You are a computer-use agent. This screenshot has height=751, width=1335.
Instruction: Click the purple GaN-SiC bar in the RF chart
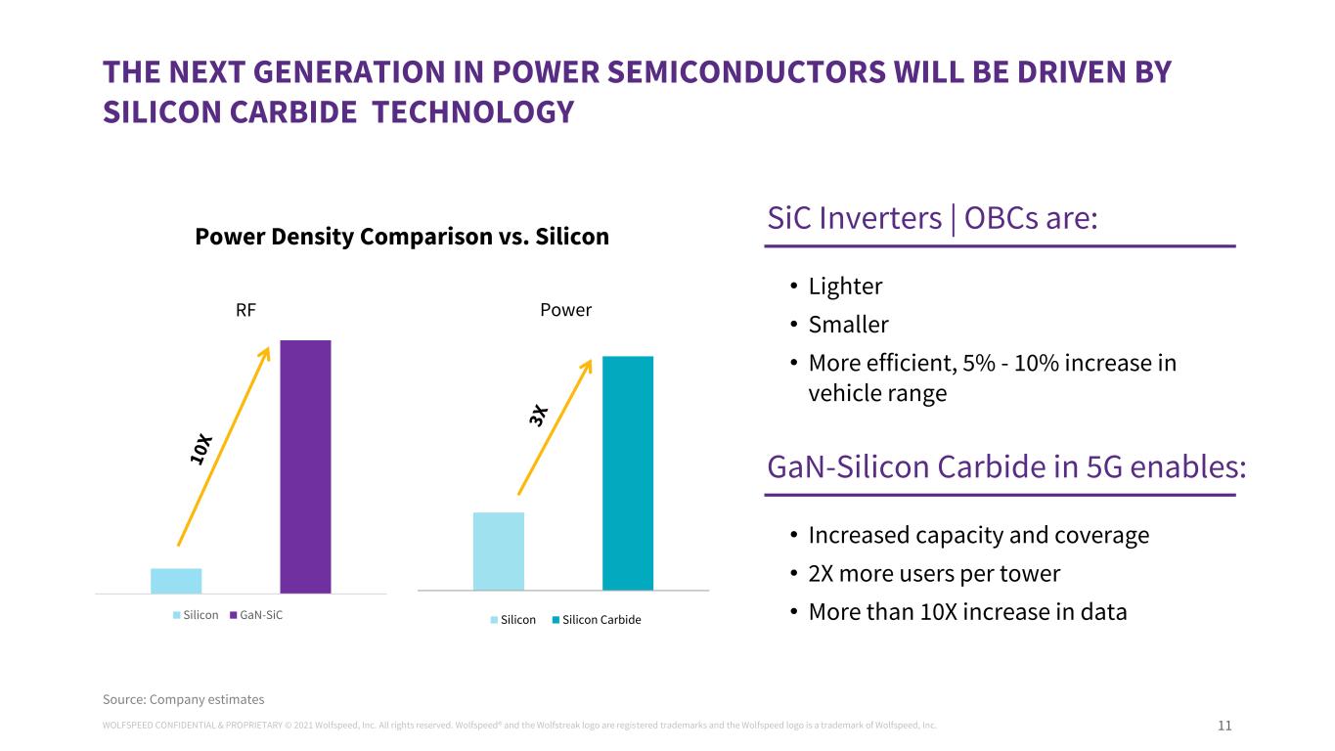(305, 466)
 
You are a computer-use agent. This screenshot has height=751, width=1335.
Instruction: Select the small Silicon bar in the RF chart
(176, 581)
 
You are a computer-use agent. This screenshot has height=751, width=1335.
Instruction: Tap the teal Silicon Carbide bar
(627, 473)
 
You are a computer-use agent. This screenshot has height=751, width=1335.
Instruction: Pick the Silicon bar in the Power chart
(498, 552)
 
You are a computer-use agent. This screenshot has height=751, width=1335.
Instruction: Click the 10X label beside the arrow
(202, 448)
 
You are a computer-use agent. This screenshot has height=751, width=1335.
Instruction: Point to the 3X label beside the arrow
(539, 415)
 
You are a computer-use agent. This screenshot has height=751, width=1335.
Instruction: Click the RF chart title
(245, 310)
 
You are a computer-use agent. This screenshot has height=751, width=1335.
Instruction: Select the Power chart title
(566, 310)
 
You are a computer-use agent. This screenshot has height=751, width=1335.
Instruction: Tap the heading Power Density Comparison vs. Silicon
(402, 237)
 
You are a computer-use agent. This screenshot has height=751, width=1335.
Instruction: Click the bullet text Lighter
(845, 287)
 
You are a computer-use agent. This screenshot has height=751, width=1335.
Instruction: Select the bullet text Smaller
(848, 324)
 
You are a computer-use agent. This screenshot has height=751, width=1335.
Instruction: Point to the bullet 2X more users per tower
(934, 573)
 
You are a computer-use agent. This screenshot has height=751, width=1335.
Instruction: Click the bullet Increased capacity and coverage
(978, 536)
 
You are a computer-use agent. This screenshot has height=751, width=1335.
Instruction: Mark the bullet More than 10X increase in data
(967, 612)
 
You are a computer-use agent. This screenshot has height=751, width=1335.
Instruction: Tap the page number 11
(1224, 726)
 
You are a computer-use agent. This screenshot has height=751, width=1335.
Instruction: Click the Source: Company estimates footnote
(184, 699)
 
